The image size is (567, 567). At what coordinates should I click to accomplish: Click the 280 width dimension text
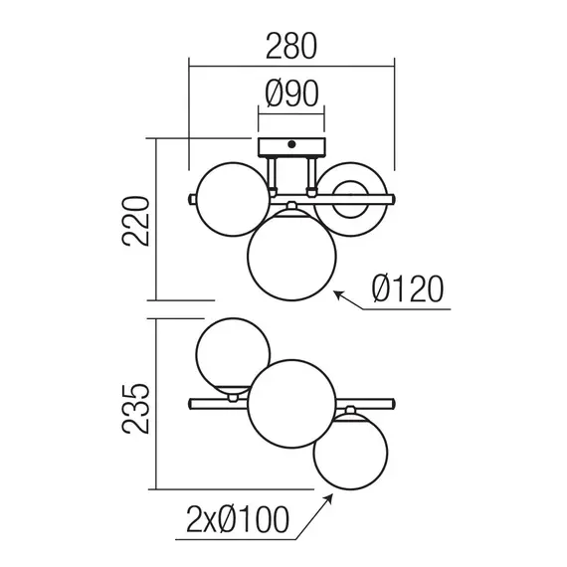291,47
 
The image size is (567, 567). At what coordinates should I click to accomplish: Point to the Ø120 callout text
406,289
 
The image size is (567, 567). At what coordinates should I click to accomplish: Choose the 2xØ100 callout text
238,518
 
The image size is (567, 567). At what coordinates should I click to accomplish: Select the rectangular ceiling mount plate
291,146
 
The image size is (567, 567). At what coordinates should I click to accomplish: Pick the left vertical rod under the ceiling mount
272,173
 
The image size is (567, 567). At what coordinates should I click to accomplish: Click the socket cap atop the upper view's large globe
292,207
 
